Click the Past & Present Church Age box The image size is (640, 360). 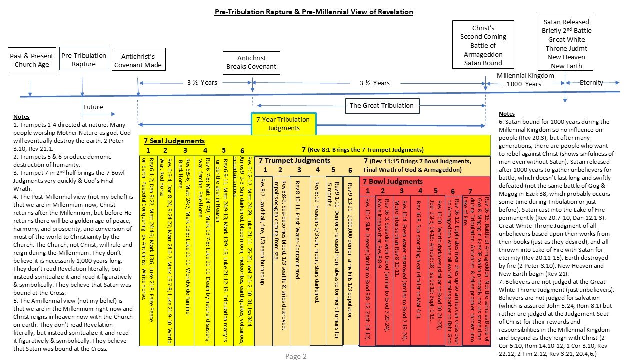31,60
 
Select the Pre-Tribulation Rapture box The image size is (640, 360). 83,60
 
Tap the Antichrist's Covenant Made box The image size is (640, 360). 138,60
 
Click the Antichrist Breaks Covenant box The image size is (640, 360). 251,62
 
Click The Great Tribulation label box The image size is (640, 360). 381,105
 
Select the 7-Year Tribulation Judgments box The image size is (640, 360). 283,124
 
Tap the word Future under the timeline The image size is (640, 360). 93,107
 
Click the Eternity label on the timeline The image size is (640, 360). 591,83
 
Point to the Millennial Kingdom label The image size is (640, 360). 525,75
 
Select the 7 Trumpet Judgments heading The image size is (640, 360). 294,161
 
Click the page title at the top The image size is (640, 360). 314,11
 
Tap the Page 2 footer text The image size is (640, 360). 296,356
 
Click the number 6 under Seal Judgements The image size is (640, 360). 242,150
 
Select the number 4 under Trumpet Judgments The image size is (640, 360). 317,170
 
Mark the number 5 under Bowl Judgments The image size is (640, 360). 435,190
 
